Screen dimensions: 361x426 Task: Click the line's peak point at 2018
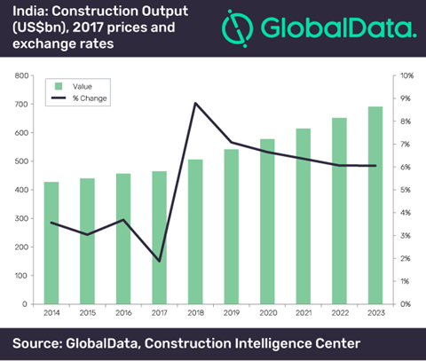pyautogui.click(x=194, y=104)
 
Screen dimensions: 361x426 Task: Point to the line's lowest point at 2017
pyautogui.click(x=159, y=261)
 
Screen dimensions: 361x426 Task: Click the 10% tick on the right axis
pyautogui.click(x=406, y=76)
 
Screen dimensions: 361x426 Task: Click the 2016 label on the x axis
pyautogui.click(x=123, y=313)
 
